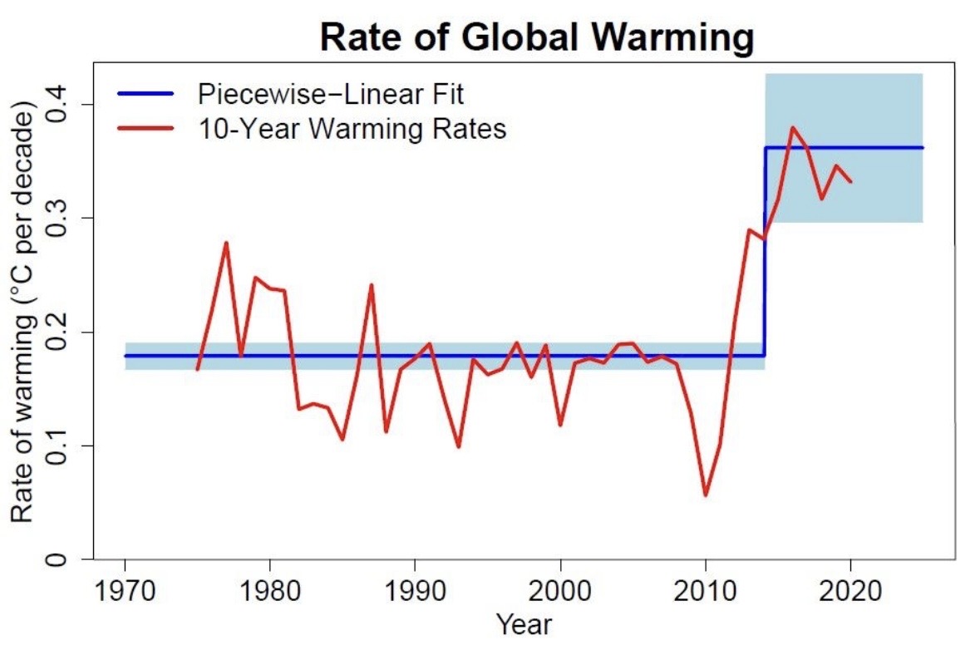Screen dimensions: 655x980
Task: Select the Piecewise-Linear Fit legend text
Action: pos(330,94)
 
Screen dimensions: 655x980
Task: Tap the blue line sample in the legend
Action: pos(147,94)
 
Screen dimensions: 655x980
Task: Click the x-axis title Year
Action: pos(524,624)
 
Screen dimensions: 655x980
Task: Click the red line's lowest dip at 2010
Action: pos(706,495)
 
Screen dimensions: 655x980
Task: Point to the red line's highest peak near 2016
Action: pos(793,127)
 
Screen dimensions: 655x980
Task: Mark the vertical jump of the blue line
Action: pos(765,249)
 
